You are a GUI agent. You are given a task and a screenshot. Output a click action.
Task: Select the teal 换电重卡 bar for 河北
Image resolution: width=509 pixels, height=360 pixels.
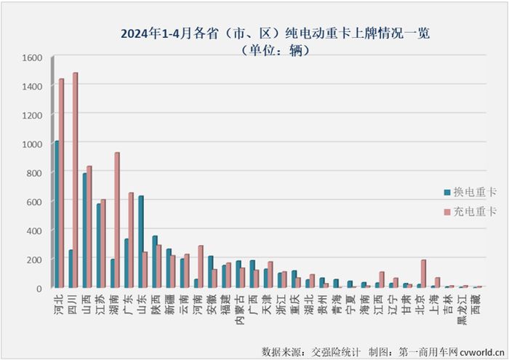coord(56,215)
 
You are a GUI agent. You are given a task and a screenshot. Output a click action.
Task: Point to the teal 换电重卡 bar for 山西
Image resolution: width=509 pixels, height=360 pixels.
coord(84,231)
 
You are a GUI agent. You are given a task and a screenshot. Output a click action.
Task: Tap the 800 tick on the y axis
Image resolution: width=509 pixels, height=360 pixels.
coord(34,173)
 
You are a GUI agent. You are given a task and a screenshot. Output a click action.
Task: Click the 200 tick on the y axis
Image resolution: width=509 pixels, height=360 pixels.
coord(34,260)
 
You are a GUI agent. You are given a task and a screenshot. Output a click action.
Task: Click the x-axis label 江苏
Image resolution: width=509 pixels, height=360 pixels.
coord(100,304)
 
